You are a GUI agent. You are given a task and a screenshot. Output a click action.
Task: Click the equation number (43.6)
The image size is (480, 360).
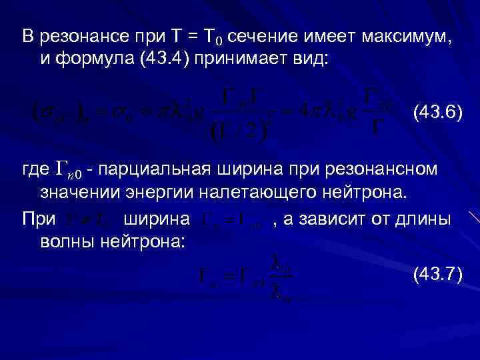(437, 111)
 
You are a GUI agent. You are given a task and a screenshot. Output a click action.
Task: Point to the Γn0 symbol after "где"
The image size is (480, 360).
(67, 171)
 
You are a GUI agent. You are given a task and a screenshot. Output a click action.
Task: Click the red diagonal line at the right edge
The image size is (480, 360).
(474, 218)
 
